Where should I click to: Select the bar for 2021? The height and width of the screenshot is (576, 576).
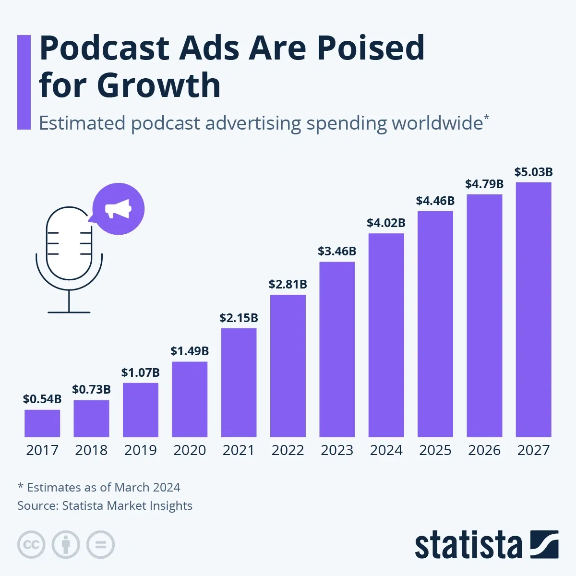(239, 383)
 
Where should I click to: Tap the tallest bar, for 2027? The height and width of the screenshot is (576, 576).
(533, 310)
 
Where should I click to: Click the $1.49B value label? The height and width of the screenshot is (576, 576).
(190, 351)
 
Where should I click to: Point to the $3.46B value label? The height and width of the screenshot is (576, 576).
(337, 251)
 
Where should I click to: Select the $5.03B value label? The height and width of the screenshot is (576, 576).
(533, 172)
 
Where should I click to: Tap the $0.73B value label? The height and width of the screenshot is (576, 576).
(91, 389)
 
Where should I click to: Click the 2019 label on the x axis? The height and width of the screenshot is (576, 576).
(140, 450)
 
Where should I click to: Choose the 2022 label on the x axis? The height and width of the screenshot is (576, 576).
(288, 450)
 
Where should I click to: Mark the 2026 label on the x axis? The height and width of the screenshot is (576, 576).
(484, 450)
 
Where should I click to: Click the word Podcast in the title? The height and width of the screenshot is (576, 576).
(104, 48)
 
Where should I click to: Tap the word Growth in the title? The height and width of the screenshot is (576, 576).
(158, 85)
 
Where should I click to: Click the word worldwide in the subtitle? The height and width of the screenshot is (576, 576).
(437, 123)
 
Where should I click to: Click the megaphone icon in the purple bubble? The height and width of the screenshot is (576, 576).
(118, 209)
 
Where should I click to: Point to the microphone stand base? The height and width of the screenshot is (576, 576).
(69, 312)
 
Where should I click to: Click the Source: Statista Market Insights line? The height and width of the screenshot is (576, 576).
(105, 505)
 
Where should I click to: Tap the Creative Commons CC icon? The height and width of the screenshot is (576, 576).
(31, 545)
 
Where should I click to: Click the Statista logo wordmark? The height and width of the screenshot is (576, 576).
(468, 545)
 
